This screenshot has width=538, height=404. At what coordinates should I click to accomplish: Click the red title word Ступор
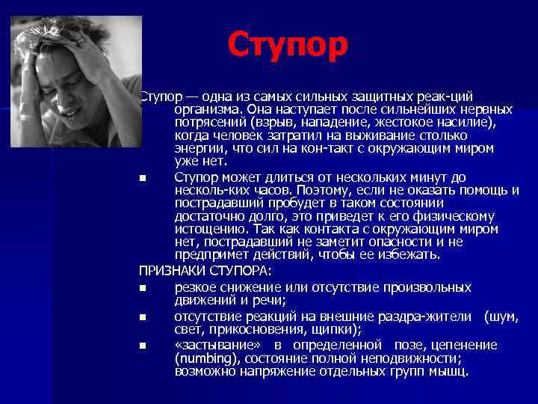coord(288,45)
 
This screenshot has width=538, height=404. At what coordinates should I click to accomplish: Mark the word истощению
coord(209,229)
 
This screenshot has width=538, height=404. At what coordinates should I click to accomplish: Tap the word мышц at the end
coord(448,371)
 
